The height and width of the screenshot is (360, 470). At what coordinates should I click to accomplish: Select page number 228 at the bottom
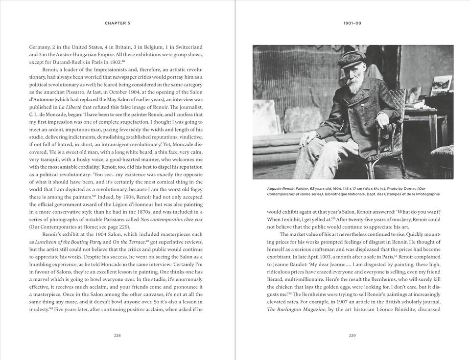[x=117, y=336]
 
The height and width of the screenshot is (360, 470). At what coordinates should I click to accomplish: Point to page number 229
[x=352, y=336]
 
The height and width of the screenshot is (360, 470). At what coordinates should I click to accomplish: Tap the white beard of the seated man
[x=347, y=93]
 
